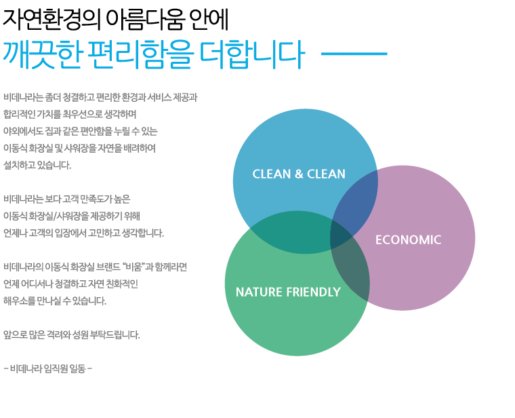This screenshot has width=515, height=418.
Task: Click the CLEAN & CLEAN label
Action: pyautogui.click(x=299, y=174)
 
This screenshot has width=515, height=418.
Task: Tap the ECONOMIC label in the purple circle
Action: pyautogui.click(x=408, y=240)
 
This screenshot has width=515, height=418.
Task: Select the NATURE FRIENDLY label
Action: pyautogui.click(x=288, y=292)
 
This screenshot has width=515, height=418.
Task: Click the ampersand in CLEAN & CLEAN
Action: pyautogui.click(x=299, y=174)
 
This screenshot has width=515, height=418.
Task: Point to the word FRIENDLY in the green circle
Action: pyautogui.click(x=313, y=292)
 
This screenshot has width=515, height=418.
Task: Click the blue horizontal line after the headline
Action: pyautogui.click(x=354, y=54)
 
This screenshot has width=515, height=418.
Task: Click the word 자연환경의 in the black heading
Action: pyautogui.click(x=52, y=20)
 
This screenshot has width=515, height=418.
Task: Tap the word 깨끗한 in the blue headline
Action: pyautogui.click(x=42, y=54)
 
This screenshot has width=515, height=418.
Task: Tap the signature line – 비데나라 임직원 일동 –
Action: pyautogui.click(x=48, y=368)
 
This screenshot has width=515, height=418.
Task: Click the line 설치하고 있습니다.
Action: pyautogui.click(x=37, y=165)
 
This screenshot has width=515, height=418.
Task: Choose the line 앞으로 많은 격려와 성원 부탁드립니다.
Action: pyautogui.click(x=72, y=335)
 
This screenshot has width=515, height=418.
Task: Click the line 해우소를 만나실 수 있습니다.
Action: pyautogui.click(x=55, y=301)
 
